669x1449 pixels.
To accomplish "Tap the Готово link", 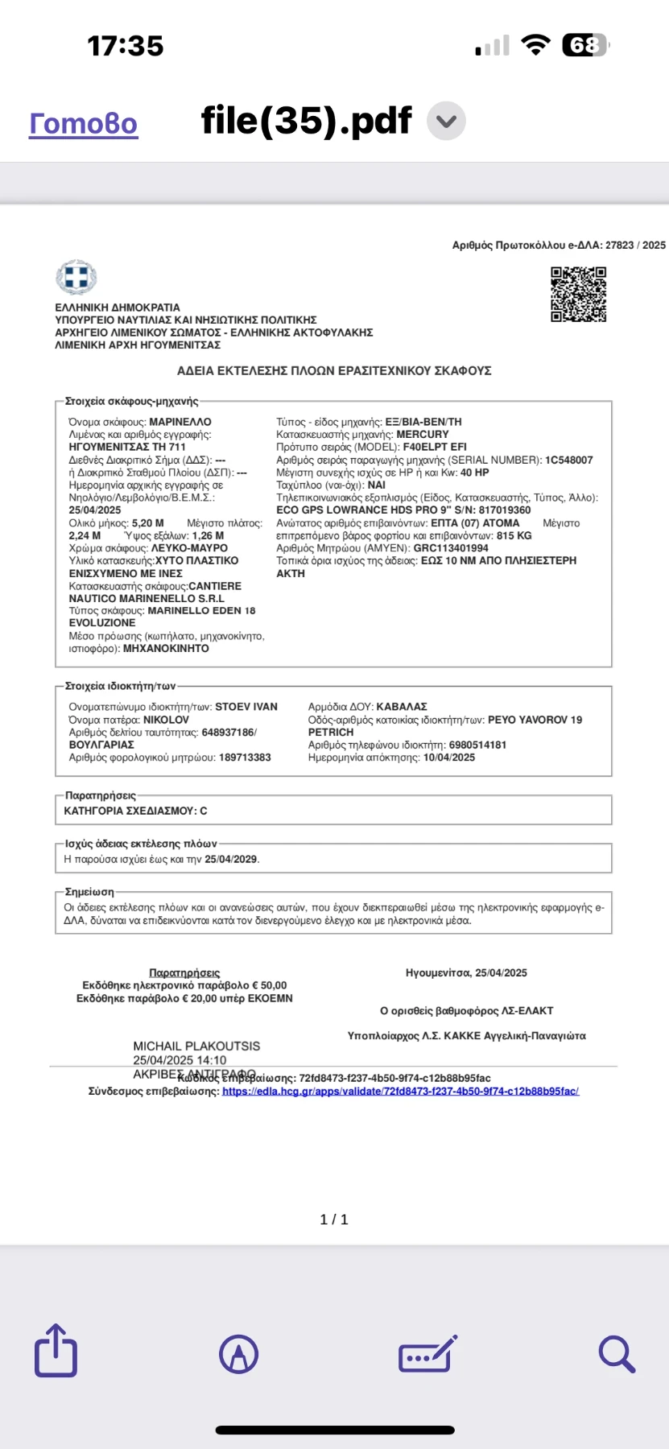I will tap(83, 123).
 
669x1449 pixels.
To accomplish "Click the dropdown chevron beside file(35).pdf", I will tap(446, 122).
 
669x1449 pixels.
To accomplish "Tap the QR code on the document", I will tap(578, 295).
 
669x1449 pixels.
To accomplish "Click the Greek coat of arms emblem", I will tap(76, 278).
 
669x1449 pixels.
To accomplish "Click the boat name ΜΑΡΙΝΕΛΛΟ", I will tap(180, 422).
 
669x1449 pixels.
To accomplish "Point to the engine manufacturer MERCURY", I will tap(423, 434).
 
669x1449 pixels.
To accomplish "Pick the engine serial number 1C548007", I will tap(568, 460).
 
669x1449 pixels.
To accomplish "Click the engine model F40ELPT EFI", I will tap(435, 447).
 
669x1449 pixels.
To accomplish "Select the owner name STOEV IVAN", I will tap(246, 707).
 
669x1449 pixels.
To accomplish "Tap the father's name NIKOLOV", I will tap(166, 720).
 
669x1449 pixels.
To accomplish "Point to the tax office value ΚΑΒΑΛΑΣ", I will tap(402, 707).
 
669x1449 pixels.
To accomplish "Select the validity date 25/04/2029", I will tap(231, 859).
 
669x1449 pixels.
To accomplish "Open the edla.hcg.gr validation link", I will tap(400, 1091).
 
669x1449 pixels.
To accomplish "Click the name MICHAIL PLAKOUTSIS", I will tap(196, 1046).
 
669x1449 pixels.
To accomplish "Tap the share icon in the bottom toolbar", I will tap(56, 1350).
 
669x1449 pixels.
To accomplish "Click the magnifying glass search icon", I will tap(617, 1353).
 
